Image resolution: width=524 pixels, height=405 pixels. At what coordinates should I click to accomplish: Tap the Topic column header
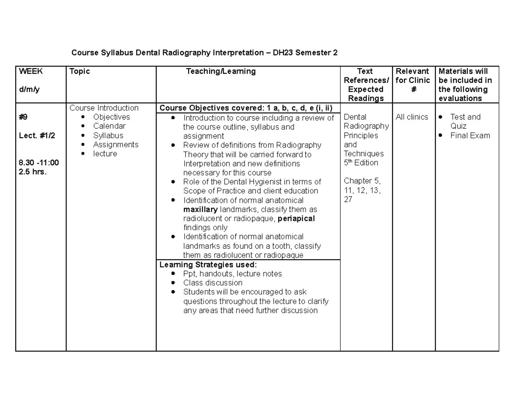[79, 71]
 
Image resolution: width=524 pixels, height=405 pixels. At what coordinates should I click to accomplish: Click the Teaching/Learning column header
[221, 71]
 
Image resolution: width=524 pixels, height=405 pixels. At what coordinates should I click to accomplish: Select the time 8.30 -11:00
[38, 163]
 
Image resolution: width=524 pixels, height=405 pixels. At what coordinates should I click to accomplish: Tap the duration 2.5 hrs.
[32, 172]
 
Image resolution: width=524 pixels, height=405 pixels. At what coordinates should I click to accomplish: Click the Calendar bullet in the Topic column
[109, 126]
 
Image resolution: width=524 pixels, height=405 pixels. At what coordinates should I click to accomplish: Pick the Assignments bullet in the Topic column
[115, 145]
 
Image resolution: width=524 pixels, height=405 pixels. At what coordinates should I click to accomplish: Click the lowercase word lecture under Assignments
[105, 154]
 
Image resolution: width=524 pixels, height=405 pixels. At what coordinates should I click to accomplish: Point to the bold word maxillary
[201, 210]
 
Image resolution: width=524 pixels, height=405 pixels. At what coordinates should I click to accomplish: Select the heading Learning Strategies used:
[208, 265]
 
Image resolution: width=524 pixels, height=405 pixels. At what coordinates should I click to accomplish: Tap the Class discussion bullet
[213, 283]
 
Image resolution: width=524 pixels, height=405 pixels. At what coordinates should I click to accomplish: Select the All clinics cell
[412, 117]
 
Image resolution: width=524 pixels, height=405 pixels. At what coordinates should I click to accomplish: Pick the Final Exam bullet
[470, 135]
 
